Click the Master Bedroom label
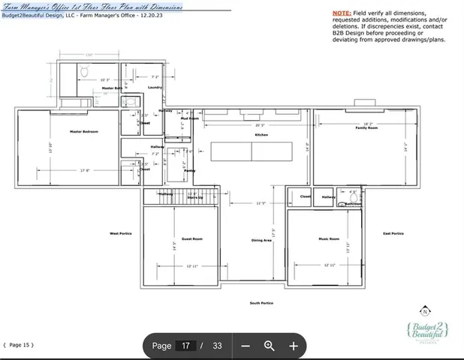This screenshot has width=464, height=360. click(x=86, y=132)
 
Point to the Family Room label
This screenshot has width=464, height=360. click(x=366, y=128)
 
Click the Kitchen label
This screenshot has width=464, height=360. click(x=261, y=134)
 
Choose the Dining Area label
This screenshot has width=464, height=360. click(x=261, y=240)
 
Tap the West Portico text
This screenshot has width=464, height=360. click(x=120, y=233)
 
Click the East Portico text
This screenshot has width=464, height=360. click(x=393, y=233)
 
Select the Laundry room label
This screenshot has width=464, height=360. click(x=155, y=88)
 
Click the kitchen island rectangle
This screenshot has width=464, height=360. click(x=252, y=152)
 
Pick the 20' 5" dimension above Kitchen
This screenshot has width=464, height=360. click(x=259, y=124)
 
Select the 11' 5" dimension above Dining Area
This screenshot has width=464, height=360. click(x=262, y=202)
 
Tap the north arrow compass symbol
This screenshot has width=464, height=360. click(x=426, y=311)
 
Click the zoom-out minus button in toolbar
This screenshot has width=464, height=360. click(x=245, y=346)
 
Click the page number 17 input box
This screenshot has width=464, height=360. click(x=187, y=346)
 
